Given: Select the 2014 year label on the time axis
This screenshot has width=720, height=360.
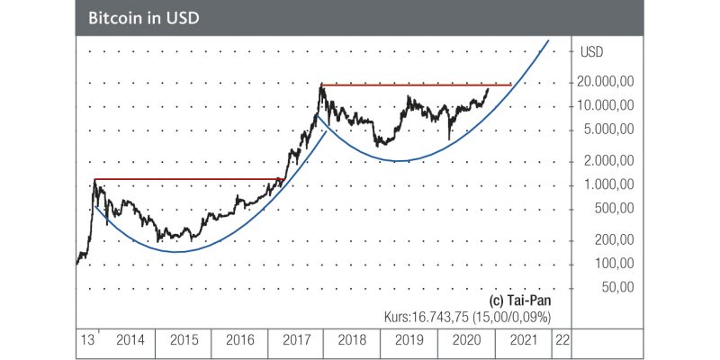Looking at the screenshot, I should click(129, 341).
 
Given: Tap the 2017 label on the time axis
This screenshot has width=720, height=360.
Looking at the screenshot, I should click(295, 341).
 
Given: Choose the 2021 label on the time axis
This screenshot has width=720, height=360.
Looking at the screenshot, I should click(522, 341).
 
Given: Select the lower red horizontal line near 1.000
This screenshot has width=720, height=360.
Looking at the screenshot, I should click(189, 179).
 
